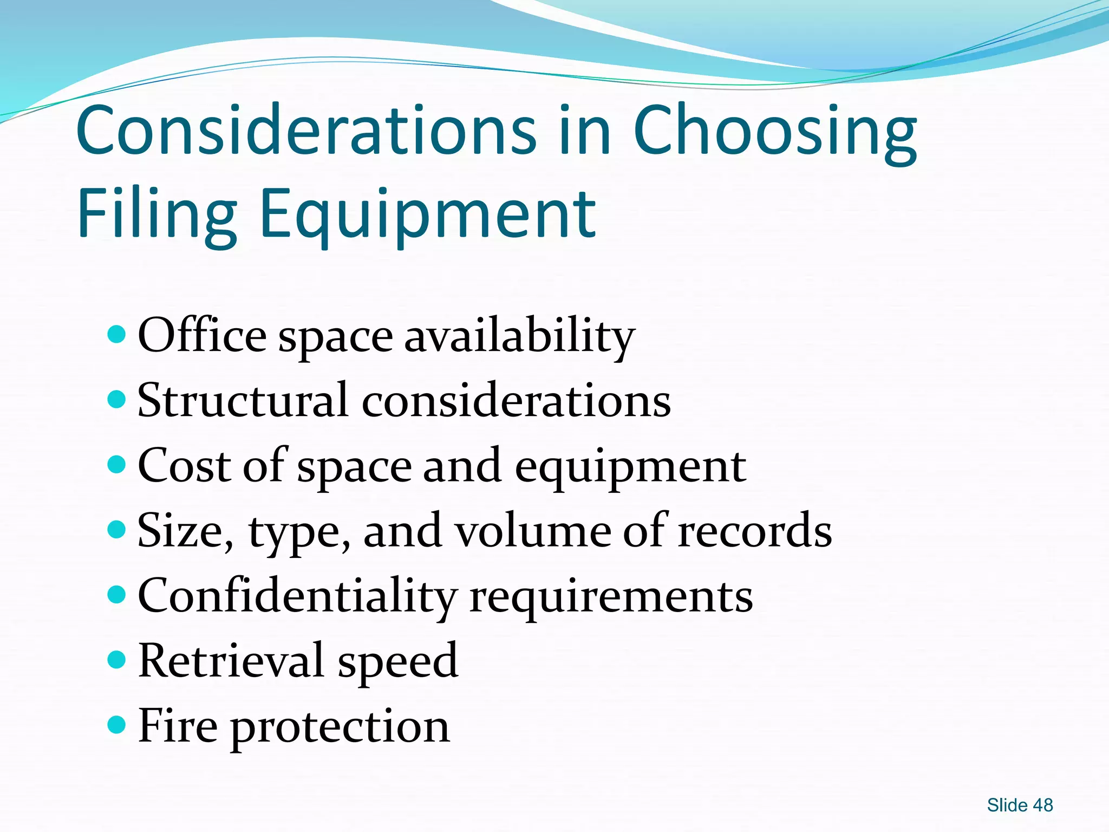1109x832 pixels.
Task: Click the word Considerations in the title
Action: [x=306, y=130]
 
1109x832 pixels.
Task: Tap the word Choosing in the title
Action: [x=774, y=133]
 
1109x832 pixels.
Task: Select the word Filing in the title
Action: [x=157, y=214]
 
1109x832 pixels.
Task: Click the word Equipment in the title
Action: [x=428, y=214]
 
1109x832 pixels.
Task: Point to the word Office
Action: [x=202, y=336]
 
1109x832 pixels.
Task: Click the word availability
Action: [x=520, y=337]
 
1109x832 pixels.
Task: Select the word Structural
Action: [x=243, y=401]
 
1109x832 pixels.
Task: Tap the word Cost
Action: [x=184, y=466]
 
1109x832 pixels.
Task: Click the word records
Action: [x=755, y=531]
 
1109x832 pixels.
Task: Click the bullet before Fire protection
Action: [x=116, y=724]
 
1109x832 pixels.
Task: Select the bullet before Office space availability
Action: [x=116, y=334]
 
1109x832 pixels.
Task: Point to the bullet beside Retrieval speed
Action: [x=116, y=659]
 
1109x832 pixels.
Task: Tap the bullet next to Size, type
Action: [x=116, y=529]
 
